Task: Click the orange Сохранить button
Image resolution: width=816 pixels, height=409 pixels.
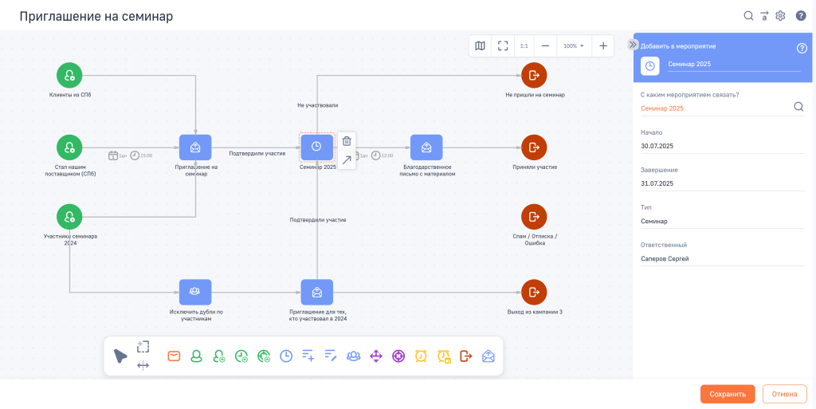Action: [x=728, y=394]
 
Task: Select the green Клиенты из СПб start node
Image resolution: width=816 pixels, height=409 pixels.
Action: [x=70, y=76]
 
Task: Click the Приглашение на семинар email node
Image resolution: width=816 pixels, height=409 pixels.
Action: [x=195, y=147]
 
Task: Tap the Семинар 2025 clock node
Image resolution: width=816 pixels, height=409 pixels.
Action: [x=316, y=147]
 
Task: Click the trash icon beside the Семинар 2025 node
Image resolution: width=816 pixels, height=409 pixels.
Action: [x=347, y=140]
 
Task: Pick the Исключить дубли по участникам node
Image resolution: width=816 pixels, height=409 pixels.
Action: [x=195, y=292]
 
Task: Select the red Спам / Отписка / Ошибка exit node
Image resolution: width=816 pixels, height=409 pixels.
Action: [x=534, y=216]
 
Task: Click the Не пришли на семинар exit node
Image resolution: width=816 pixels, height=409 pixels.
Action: [x=534, y=76]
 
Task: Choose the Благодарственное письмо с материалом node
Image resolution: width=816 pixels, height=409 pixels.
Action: [x=426, y=147]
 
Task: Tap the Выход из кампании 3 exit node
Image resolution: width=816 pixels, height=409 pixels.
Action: [x=534, y=292]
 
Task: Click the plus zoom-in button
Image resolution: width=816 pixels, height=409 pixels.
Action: [x=603, y=45]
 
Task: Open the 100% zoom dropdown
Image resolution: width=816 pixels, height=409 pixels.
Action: [x=574, y=45]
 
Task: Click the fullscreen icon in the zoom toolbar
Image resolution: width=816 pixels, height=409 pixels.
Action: [x=503, y=45]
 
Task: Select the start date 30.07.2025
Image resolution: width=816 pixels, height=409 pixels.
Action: [x=657, y=146]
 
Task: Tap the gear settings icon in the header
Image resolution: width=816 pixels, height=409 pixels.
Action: [x=780, y=16]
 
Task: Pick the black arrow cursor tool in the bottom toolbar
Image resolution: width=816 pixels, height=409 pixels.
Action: [x=120, y=356]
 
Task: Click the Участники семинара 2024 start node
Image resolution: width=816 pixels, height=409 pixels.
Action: [x=70, y=216]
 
